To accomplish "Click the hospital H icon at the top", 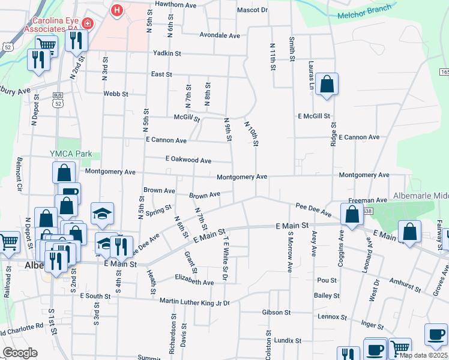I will click(116, 10).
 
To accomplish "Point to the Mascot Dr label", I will click(252, 10).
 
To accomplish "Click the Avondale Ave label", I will click(220, 35).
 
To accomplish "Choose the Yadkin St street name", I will click(167, 53).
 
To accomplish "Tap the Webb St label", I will click(116, 94).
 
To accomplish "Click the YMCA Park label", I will click(71, 154).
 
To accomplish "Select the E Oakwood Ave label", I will click(188, 160).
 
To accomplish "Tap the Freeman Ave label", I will click(372, 200).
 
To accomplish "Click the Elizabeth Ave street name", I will click(194, 282).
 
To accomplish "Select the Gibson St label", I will click(276, 313).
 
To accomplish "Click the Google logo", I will click(20, 353).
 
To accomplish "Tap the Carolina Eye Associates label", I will click(52, 27).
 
